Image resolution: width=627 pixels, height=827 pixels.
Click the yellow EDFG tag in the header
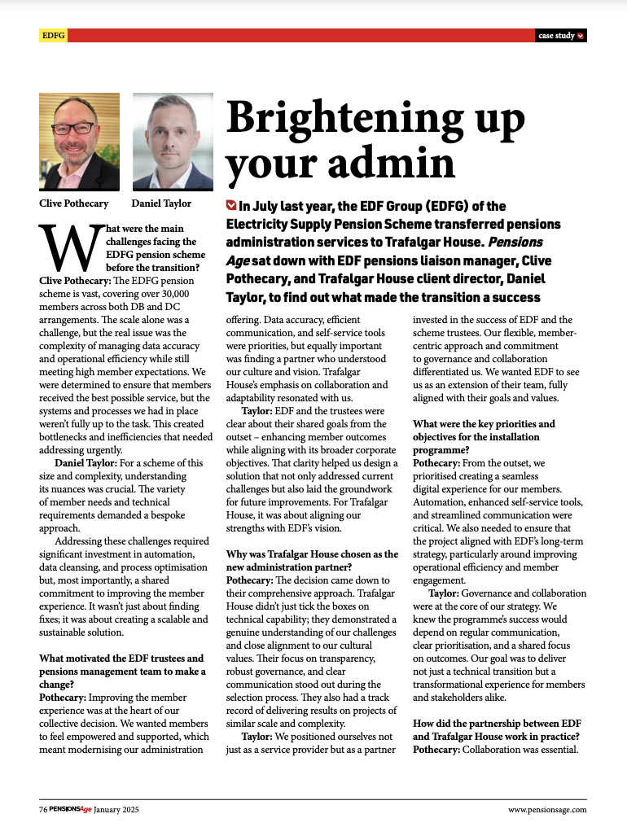[54, 36]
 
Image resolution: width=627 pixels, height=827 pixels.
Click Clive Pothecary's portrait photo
[79, 142]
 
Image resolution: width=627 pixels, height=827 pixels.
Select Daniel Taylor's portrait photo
[167, 142]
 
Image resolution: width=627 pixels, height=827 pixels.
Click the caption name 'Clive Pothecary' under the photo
[74, 203]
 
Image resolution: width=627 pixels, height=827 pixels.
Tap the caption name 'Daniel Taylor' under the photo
[161, 203]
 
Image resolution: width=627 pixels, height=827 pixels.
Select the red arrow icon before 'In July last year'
[231, 206]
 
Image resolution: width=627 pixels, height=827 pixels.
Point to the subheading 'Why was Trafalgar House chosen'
[312, 554]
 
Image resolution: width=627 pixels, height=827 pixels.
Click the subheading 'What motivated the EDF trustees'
[121, 658]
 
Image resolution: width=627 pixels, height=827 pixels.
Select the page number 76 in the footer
[43, 809]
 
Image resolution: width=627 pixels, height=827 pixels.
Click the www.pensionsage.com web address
[546, 809]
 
